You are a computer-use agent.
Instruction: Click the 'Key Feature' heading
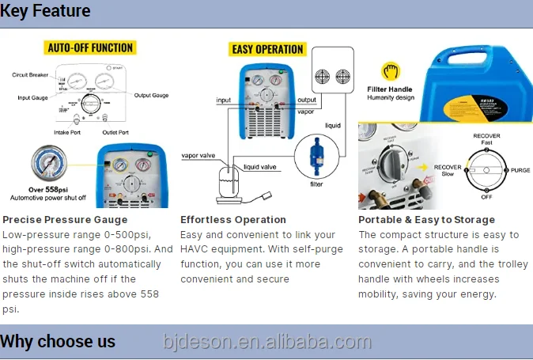tap(46, 11)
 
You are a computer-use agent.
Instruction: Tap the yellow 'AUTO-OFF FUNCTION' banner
tap(91, 47)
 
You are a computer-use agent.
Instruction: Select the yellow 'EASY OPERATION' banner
tap(267, 49)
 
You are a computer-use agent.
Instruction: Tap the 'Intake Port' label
tap(70, 132)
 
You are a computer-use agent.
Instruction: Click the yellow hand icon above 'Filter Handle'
tap(389, 71)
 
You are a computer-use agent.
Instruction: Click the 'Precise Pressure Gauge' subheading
tap(66, 220)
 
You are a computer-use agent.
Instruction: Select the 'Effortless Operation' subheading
tap(233, 220)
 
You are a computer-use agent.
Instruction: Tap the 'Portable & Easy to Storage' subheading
tap(426, 220)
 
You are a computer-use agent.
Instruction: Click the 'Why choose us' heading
tap(58, 342)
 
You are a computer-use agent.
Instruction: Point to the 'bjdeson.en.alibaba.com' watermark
tap(266, 342)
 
